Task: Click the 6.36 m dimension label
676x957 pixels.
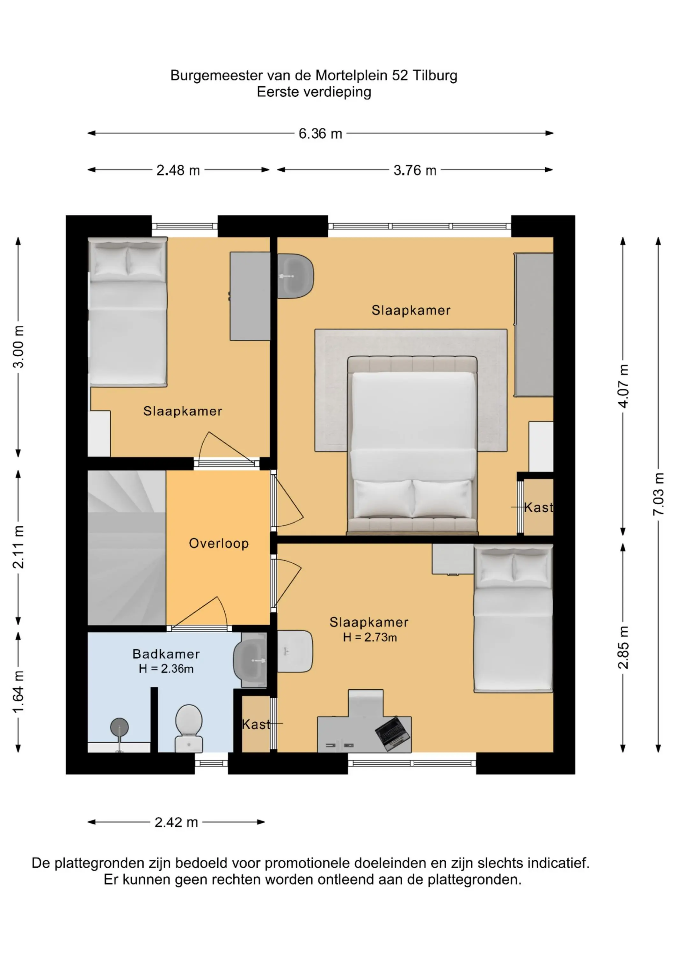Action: pos(320,134)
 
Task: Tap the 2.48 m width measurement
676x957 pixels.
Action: pos(178,170)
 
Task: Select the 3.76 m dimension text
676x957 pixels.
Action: pos(415,170)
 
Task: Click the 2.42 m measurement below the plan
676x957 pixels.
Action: pos(176,822)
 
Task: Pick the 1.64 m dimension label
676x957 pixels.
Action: pos(18,692)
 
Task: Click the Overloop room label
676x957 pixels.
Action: pos(219,544)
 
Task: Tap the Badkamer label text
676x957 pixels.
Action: pos(166,654)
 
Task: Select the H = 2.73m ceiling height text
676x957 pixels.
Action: pos(370,637)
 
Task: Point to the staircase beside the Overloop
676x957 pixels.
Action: pos(127,547)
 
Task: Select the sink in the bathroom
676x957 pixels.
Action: pos(250,661)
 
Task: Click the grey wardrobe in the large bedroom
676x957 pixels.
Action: pos(534,325)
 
